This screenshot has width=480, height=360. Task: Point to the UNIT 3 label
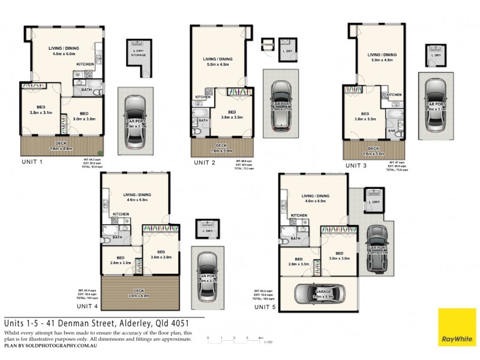point(356,164)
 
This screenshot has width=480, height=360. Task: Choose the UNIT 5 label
point(266,307)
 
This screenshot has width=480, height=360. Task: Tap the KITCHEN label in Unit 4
point(121,214)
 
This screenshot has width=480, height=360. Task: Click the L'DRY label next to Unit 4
point(208,231)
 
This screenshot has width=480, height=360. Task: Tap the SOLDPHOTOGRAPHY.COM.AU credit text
point(67,346)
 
